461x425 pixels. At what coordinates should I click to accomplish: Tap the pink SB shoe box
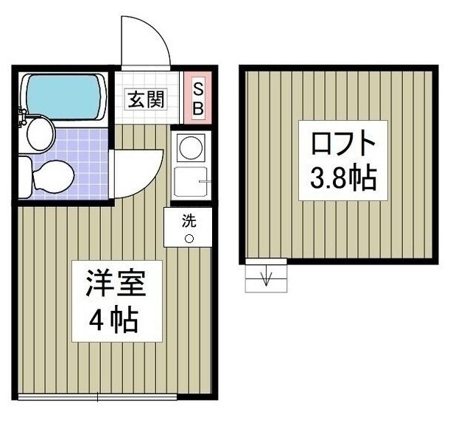[197, 97]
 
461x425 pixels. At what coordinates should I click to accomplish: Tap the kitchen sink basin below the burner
[191, 181]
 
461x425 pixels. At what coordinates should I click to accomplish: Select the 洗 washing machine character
[189, 219]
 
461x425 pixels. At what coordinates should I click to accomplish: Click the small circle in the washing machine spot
[189, 238]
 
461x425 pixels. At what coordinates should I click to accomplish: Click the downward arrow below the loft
[266, 278]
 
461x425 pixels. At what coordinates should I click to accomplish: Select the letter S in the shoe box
[197, 87]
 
